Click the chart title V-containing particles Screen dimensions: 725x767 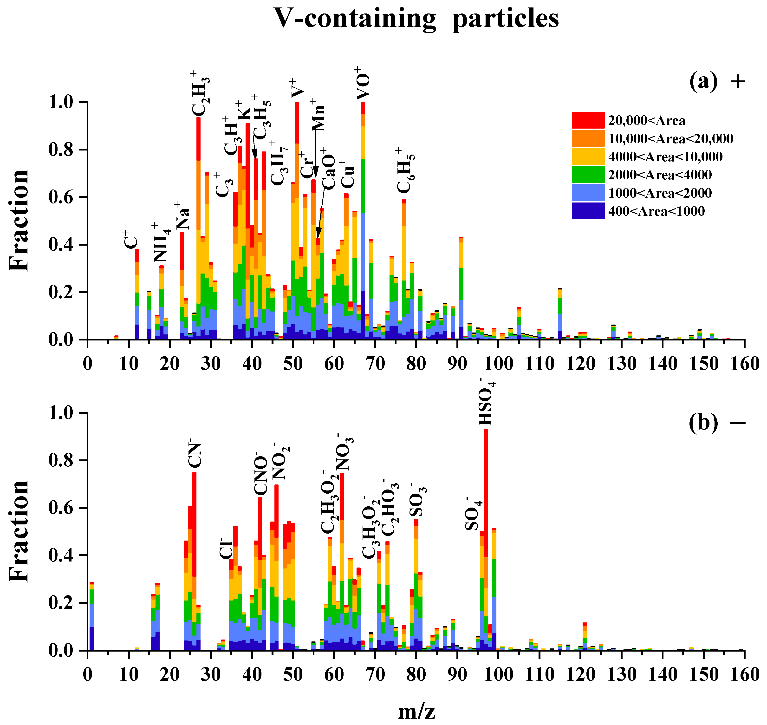[416, 19]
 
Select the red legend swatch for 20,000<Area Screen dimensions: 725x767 [588, 120]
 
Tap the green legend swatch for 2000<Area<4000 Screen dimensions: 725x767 [588, 175]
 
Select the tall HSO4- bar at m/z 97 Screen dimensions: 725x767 [486, 541]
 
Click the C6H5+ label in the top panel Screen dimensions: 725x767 [405, 171]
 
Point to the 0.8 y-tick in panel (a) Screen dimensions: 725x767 [63, 150]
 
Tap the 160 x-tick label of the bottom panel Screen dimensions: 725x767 [744, 675]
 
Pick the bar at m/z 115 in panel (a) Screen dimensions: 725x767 [560, 315]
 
